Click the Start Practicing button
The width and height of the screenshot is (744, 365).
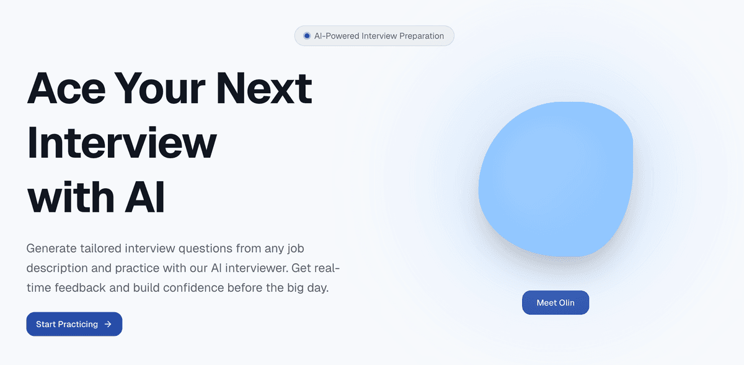click(x=74, y=324)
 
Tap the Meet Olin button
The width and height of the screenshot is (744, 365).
click(x=556, y=302)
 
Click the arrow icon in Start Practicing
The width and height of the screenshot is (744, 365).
click(x=108, y=324)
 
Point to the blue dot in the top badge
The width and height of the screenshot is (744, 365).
click(x=307, y=36)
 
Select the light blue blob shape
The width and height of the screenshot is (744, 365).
click(x=556, y=179)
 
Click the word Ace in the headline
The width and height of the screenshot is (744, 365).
click(x=66, y=89)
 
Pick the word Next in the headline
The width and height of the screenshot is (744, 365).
click(x=264, y=89)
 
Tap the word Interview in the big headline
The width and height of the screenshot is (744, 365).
click(x=122, y=143)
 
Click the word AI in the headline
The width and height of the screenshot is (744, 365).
click(x=144, y=197)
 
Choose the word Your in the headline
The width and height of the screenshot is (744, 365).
click(x=161, y=89)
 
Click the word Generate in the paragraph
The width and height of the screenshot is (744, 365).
click(x=51, y=248)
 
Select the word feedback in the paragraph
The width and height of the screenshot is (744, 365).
click(x=80, y=287)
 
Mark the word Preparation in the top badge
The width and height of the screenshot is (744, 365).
click(x=422, y=36)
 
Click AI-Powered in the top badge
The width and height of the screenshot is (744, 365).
click(x=336, y=36)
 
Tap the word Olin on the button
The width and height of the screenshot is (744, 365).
click(x=567, y=303)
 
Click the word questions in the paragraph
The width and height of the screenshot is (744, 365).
click(x=205, y=249)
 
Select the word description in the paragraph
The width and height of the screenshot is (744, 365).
click(x=57, y=268)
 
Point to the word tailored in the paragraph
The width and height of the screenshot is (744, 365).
click(x=100, y=248)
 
